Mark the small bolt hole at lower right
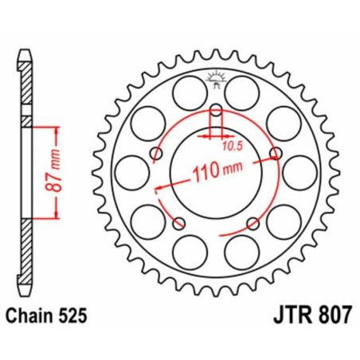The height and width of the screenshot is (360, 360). [252, 222]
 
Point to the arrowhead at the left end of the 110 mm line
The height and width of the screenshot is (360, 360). [158, 188]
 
